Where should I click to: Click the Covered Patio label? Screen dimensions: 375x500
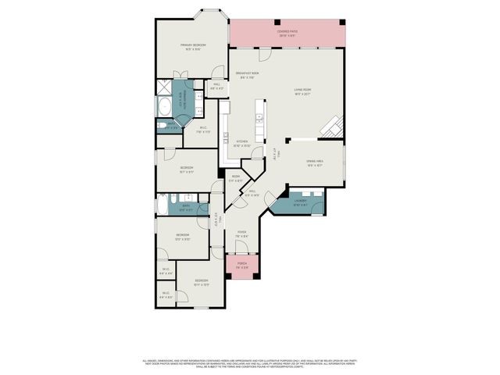(x=287, y=33)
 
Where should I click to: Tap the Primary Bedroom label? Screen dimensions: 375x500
(x=193, y=46)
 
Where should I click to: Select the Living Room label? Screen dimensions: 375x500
(x=302, y=91)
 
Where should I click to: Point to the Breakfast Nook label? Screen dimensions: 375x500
(x=249, y=74)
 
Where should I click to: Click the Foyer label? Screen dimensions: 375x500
(x=242, y=233)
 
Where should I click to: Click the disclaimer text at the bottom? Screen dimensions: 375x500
(x=250, y=363)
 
